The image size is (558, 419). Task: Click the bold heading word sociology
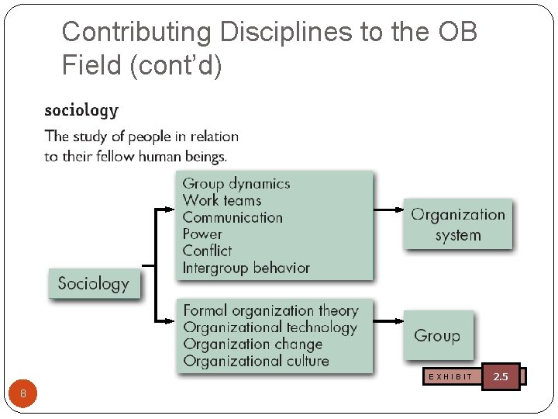[x=81, y=110]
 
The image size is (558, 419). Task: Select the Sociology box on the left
[x=94, y=283]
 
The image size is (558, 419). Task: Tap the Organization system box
[x=457, y=225]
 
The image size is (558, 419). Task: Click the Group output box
[x=437, y=336]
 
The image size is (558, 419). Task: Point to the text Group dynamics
[x=236, y=184]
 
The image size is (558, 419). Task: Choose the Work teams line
[x=222, y=200]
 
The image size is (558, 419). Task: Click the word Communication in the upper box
[x=232, y=217]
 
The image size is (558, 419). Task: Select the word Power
[x=202, y=234]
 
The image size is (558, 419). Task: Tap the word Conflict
[x=207, y=251]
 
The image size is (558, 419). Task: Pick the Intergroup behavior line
[x=246, y=268]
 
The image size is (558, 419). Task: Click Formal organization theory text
[x=270, y=311]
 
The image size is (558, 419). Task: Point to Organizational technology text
[x=270, y=327]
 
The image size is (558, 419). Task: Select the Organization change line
[x=253, y=344]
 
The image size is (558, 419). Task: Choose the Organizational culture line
[x=256, y=361]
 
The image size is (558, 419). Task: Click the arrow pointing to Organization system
[x=387, y=209]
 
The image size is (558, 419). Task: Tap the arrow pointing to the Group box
[x=387, y=320]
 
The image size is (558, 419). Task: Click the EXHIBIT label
[x=450, y=376]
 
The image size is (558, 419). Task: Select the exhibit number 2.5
[x=501, y=376]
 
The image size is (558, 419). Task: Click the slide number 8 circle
[x=23, y=393]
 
